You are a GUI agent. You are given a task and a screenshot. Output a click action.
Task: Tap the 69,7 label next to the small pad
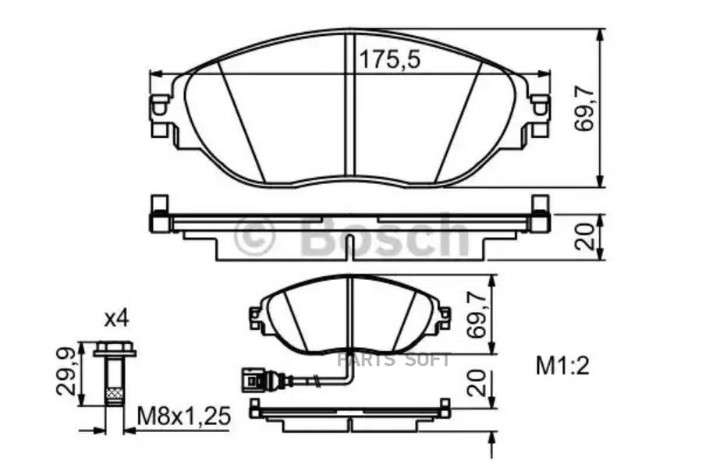tap(479, 312)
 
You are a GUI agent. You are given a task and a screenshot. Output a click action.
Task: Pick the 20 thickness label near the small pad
tap(479, 383)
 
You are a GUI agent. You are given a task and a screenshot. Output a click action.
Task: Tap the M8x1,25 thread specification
tap(184, 417)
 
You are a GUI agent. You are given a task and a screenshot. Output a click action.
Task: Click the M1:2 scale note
tap(562, 365)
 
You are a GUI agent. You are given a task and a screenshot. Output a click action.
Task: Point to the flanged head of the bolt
tap(114, 350)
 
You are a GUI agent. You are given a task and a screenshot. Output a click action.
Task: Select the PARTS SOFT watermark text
tap(394, 360)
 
